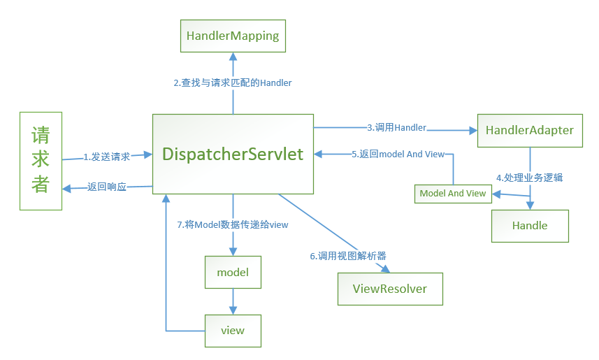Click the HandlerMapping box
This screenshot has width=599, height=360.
[x=233, y=36]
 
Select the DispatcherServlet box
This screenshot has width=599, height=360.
[x=233, y=154]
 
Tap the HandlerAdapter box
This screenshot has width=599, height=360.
[x=529, y=130]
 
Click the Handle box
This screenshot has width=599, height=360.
[x=529, y=225]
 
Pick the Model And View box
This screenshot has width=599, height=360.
[x=452, y=193]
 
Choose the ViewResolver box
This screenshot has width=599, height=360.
[x=389, y=288]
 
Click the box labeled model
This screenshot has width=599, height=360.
[x=233, y=272]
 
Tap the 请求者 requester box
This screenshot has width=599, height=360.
[x=41, y=160]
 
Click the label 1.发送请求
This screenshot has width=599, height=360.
[x=107, y=157]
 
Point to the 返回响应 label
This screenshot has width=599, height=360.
[x=107, y=187]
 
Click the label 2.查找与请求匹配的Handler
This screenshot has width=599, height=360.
[x=233, y=82]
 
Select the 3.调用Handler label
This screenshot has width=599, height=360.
[x=396, y=127]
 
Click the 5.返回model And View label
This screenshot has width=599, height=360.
[x=398, y=154]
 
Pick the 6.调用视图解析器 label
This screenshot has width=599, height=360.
[x=348, y=255]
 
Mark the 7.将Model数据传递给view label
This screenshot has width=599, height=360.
[x=233, y=224]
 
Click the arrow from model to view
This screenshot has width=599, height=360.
[x=233, y=301]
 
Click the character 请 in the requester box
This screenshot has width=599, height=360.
[x=41, y=134]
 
